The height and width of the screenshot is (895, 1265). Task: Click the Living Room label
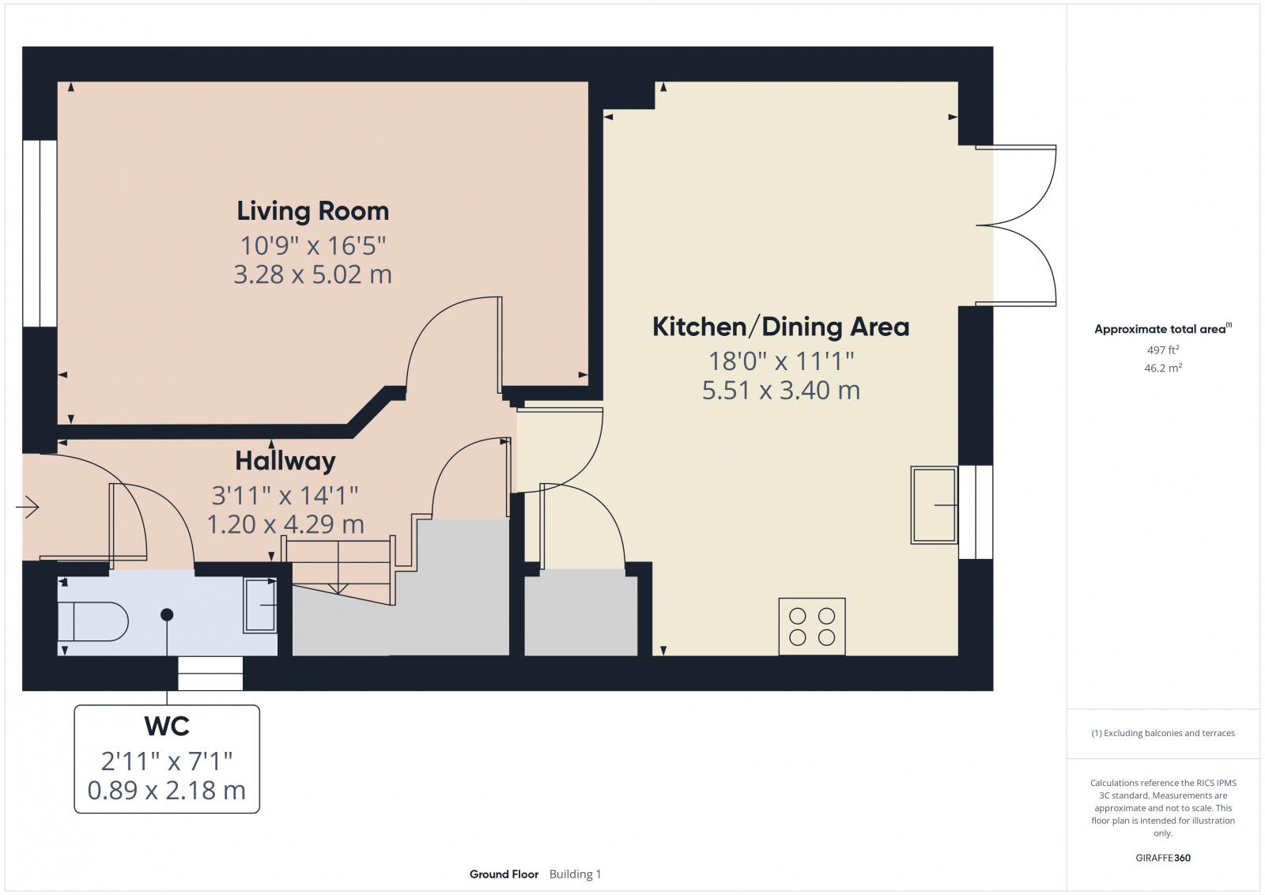tap(313, 211)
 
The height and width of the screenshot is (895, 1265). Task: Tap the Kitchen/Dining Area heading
tap(780, 327)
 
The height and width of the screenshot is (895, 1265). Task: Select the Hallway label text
tap(285, 461)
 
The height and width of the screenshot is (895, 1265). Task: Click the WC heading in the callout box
tap(167, 726)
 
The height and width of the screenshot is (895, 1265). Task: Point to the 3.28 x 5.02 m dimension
tap(313, 274)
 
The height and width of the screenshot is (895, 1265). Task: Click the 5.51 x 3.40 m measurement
tap(780, 390)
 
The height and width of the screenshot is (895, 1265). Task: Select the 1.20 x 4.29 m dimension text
tap(285, 524)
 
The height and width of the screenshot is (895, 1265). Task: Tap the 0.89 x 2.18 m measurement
tap(167, 790)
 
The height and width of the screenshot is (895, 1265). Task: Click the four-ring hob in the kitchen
tap(812, 626)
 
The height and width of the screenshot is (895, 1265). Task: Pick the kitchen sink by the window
tap(935, 504)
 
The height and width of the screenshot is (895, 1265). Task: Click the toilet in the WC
tap(93, 621)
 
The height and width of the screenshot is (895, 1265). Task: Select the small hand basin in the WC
tap(260, 606)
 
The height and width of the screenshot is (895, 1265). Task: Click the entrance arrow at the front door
tap(28, 506)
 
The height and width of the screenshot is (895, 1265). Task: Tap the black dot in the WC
tap(167, 614)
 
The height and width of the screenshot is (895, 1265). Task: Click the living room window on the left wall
tap(40, 233)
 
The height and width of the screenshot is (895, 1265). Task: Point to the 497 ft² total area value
tap(1163, 349)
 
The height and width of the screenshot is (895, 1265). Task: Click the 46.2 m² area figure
tap(1163, 368)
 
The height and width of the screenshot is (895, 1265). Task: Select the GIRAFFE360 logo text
tap(1163, 858)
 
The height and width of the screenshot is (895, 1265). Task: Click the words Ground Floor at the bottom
tap(504, 874)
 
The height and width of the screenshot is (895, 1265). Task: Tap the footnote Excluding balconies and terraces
tap(1163, 733)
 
